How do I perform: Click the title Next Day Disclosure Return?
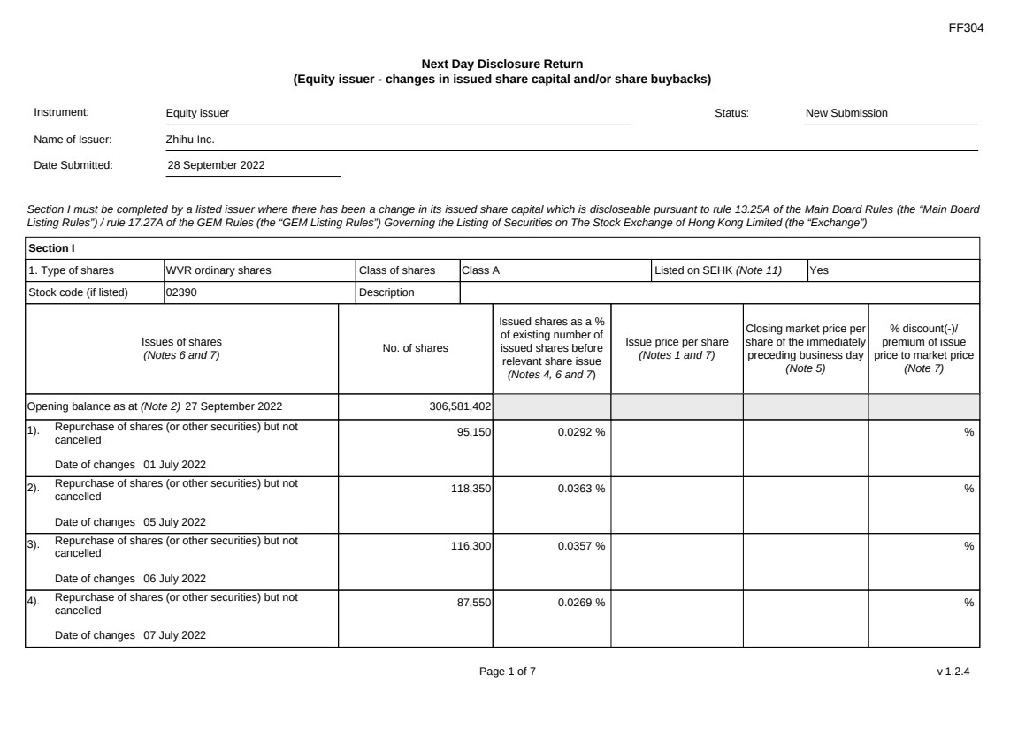coord(502,65)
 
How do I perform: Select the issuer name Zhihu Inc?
coord(190,140)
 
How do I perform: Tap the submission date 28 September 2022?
coord(216,164)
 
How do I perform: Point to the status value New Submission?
coord(846,113)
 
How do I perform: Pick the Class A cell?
coord(481,270)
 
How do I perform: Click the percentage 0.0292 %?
coord(581,432)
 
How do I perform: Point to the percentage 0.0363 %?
coord(581,489)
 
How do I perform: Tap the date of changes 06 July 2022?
coord(175,579)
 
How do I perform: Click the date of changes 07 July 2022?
coord(175,635)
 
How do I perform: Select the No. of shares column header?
coord(415,349)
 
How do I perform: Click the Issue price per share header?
coord(677,349)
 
